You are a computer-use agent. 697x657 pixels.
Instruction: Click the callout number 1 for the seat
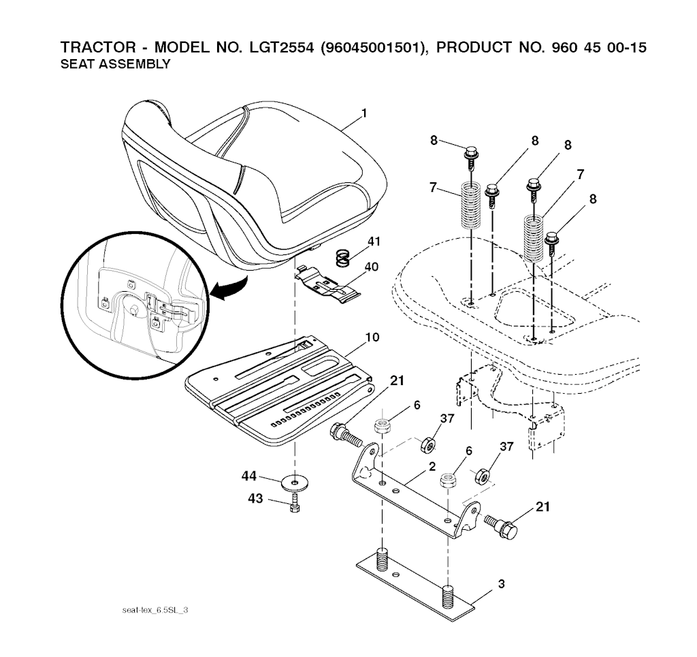click(x=365, y=114)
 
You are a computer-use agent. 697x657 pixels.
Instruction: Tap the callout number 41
click(x=374, y=241)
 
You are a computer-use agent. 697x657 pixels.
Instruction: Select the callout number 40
click(x=371, y=267)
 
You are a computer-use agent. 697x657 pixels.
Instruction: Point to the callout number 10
click(x=372, y=337)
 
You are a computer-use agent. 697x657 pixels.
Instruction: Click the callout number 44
click(x=249, y=476)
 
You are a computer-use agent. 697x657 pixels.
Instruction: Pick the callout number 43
click(x=256, y=499)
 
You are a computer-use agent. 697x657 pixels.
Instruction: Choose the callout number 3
click(x=502, y=584)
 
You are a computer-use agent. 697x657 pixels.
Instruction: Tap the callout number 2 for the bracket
click(x=432, y=467)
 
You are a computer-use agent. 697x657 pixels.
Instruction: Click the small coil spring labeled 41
click(x=343, y=258)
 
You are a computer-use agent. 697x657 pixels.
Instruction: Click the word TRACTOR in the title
click(x=98, y=47)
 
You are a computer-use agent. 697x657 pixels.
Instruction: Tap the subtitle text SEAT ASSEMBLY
click(x=115, y=64)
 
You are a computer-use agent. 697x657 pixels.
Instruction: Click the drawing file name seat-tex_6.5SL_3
click(x=155, y=610)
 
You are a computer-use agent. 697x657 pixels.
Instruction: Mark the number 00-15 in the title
click(x=626, y=47)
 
